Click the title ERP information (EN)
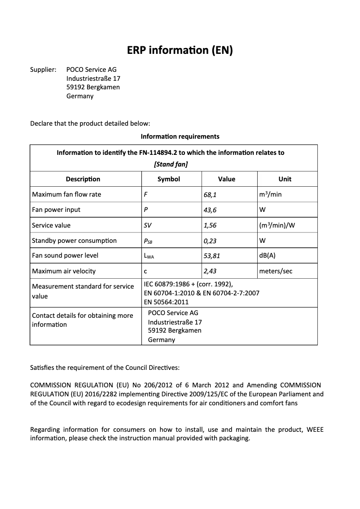(180, 51)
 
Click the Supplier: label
(43, 70)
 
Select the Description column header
(83, 179)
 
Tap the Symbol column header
(169, 179)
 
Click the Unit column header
(285, 179)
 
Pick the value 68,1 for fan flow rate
(210, 195)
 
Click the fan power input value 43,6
(210, 210)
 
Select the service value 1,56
(210, 225)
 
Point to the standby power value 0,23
(210, 241)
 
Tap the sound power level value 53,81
(212, 256)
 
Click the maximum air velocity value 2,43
(210, 271)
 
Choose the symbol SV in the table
(147, 225)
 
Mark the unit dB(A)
(268, 256)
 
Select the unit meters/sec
(276, 271)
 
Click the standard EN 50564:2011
(166, 302)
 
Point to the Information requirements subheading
(180, 136)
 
